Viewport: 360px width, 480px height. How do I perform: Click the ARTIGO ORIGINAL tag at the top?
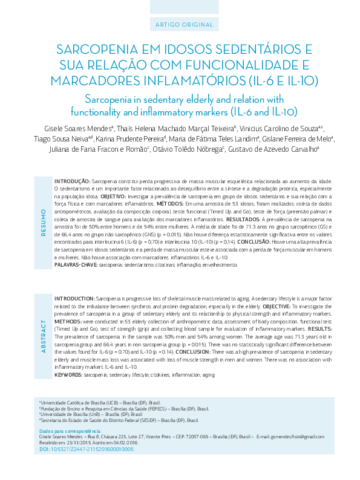[180, 25]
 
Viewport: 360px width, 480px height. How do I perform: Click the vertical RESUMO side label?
[43, 222]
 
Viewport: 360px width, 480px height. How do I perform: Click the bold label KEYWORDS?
[68, 375]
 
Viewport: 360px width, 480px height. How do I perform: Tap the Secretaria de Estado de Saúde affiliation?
[119, 420]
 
